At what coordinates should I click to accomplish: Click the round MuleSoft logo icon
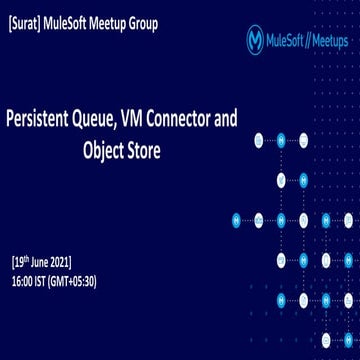257,40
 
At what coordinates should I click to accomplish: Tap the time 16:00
27,280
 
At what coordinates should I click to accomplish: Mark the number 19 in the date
20,262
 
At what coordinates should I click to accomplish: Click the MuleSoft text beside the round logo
288,41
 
